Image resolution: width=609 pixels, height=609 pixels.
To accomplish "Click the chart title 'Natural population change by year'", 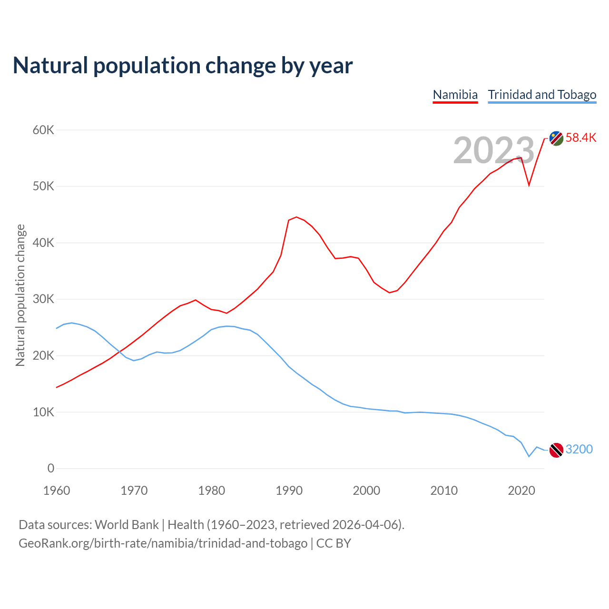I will (x=183, y=65).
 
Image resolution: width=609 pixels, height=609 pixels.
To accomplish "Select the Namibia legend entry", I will (x=455, y=95).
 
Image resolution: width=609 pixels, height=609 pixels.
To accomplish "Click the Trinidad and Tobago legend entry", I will (x=542, y=95).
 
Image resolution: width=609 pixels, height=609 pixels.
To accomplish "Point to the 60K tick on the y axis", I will (x=44, y=130).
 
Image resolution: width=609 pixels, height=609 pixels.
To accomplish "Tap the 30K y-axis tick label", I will (x=44, y=299).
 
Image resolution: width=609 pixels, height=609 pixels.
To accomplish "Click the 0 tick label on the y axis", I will (x=51, y=469).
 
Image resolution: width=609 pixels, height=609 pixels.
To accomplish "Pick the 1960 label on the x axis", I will (x=57, y=491).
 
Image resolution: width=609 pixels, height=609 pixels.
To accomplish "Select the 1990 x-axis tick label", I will (x=289, y=491).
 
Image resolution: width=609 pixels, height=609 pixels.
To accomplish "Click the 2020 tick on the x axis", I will (x=522, y=491).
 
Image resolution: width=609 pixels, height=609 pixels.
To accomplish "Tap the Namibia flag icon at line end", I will (x=556, y=138).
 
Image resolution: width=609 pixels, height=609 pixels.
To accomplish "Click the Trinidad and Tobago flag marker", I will (x=556, y=450).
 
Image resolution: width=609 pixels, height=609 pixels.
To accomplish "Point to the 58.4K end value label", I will (x=581, y=138).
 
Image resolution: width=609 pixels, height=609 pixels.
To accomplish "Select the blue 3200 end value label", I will (x=579, y=449).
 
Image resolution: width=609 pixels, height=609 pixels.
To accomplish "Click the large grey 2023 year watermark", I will (x=494, y=151).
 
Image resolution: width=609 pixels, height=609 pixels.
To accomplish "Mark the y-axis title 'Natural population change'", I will (x=20, y=295).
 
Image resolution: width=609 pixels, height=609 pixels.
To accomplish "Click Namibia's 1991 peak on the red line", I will (x=296, y=217).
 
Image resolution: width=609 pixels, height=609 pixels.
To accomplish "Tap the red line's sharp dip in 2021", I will (x=529, y=185).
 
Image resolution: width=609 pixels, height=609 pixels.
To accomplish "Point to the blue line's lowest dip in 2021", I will (x=529, y=457).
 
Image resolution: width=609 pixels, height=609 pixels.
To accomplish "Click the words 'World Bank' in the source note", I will (x=127, y=524).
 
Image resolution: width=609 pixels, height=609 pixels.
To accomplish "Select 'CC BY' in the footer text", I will (x=334, y=543).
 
